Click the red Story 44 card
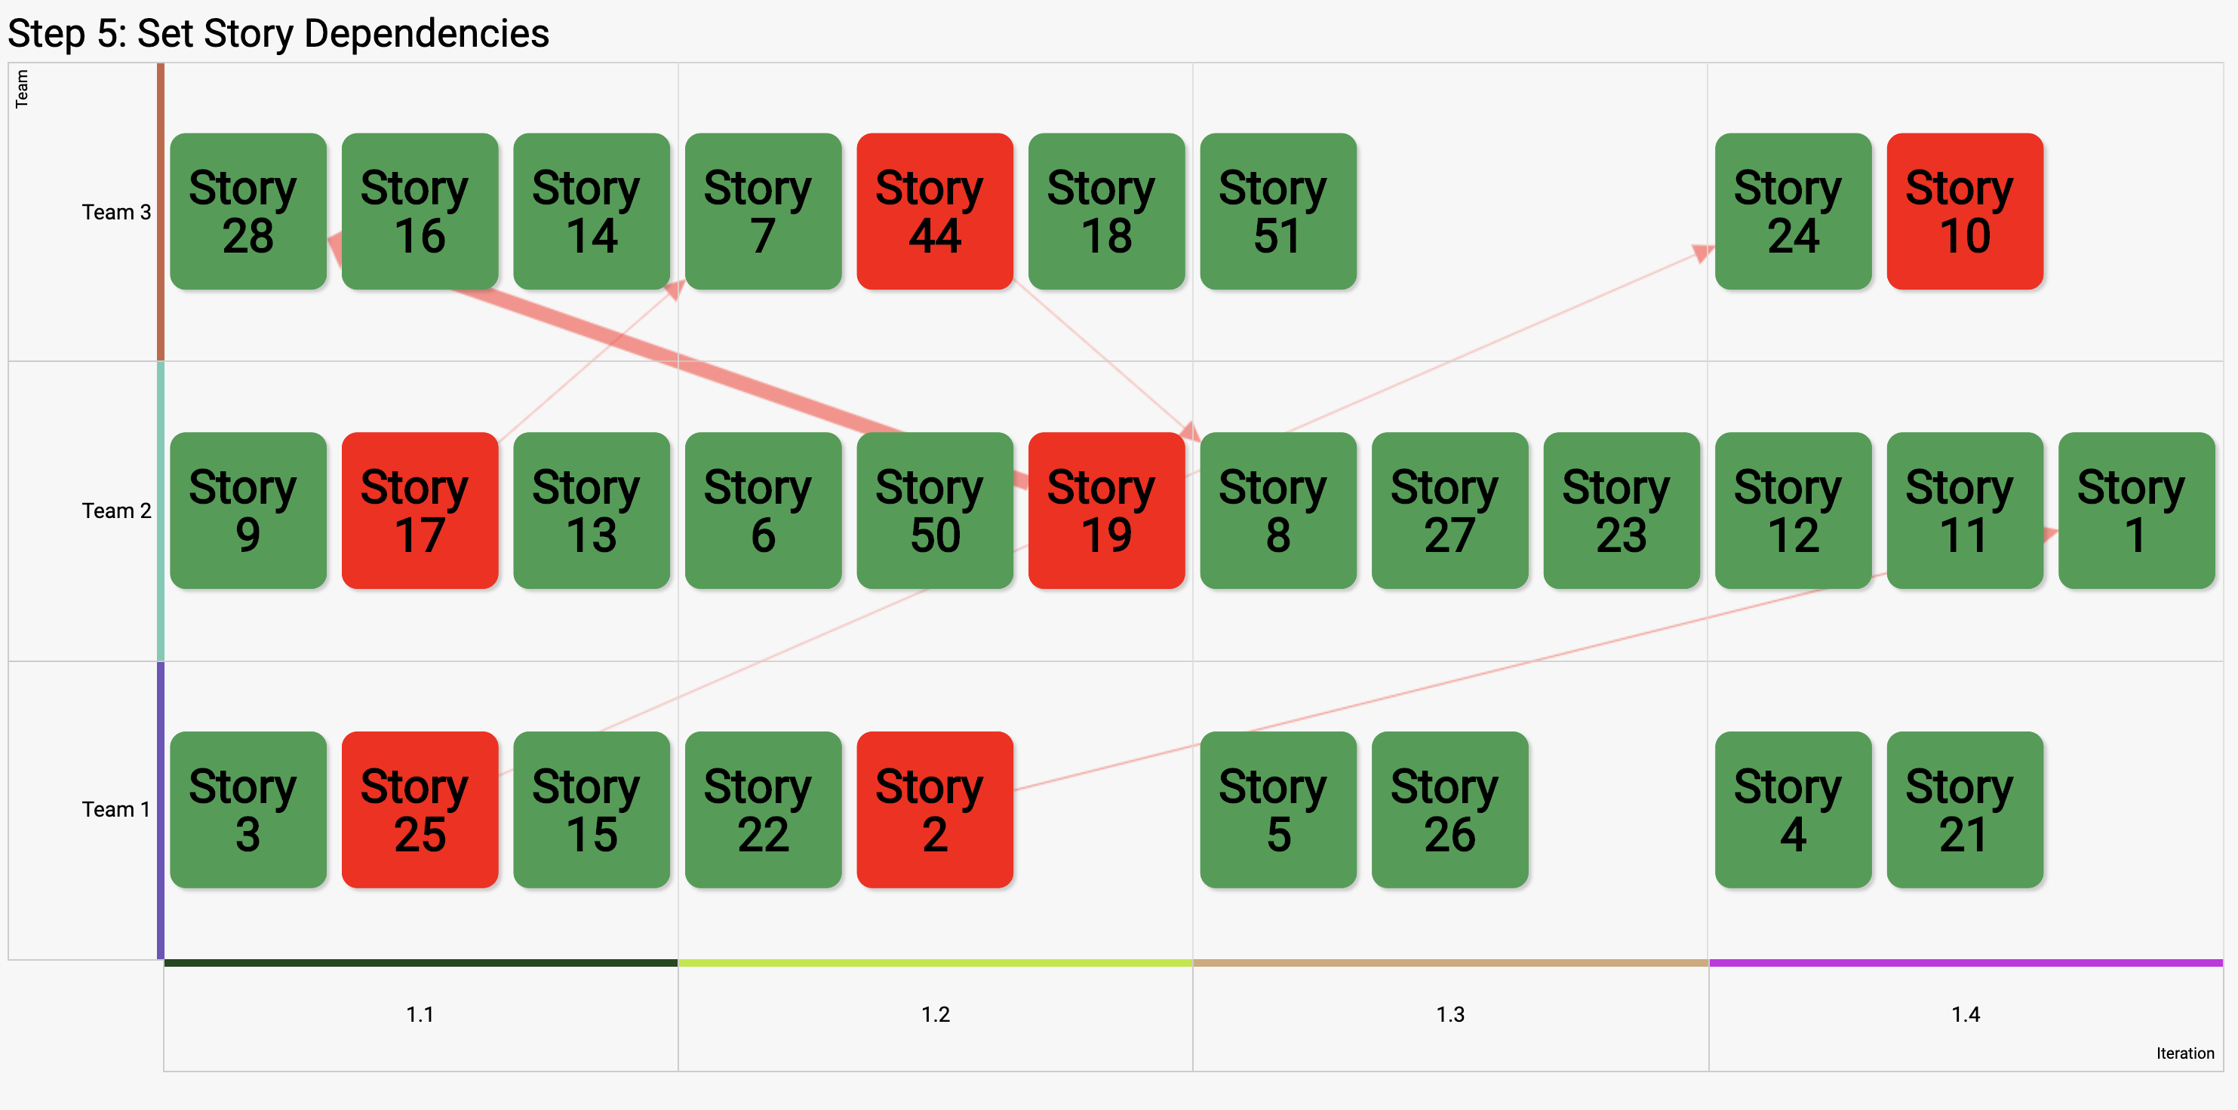(x=935, y=211)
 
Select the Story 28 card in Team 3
(x=248, y=211)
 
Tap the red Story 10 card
(x=1965, y=211)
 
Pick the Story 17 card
(x=420, y=511)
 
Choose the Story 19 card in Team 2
(x=1106, y=511)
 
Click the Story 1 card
(x=2136, y=511)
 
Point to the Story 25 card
(x=420, y=809)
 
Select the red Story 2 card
(x=935, y=809)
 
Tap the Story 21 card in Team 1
(x=1965, y=809)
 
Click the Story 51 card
(x=1278, y=211)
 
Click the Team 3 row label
(x=116, y=212)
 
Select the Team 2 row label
(x=116, y=511)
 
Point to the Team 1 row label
(x=116, y=809)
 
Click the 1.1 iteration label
(x=420, y=1014)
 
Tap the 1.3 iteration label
(x=1450, y=1014)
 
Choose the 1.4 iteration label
(x=1965, y=1014)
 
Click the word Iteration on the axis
(x=2185, y=1053)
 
